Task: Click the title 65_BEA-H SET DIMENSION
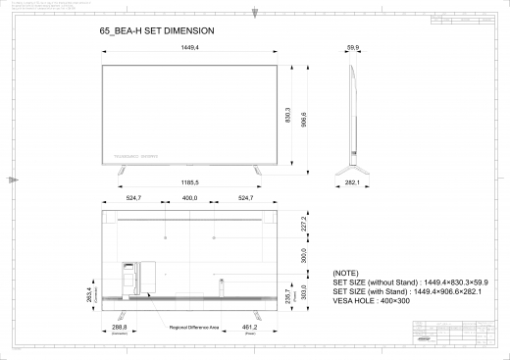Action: [157, 31]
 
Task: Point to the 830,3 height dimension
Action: [288, 115]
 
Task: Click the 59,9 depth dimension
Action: [354, 47]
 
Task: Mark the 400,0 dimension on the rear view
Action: [189, 199]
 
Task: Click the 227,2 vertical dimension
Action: [304, 225]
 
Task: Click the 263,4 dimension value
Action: [90, 295]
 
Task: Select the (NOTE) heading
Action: [346, 272]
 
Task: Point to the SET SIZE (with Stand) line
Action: [410, 291]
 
